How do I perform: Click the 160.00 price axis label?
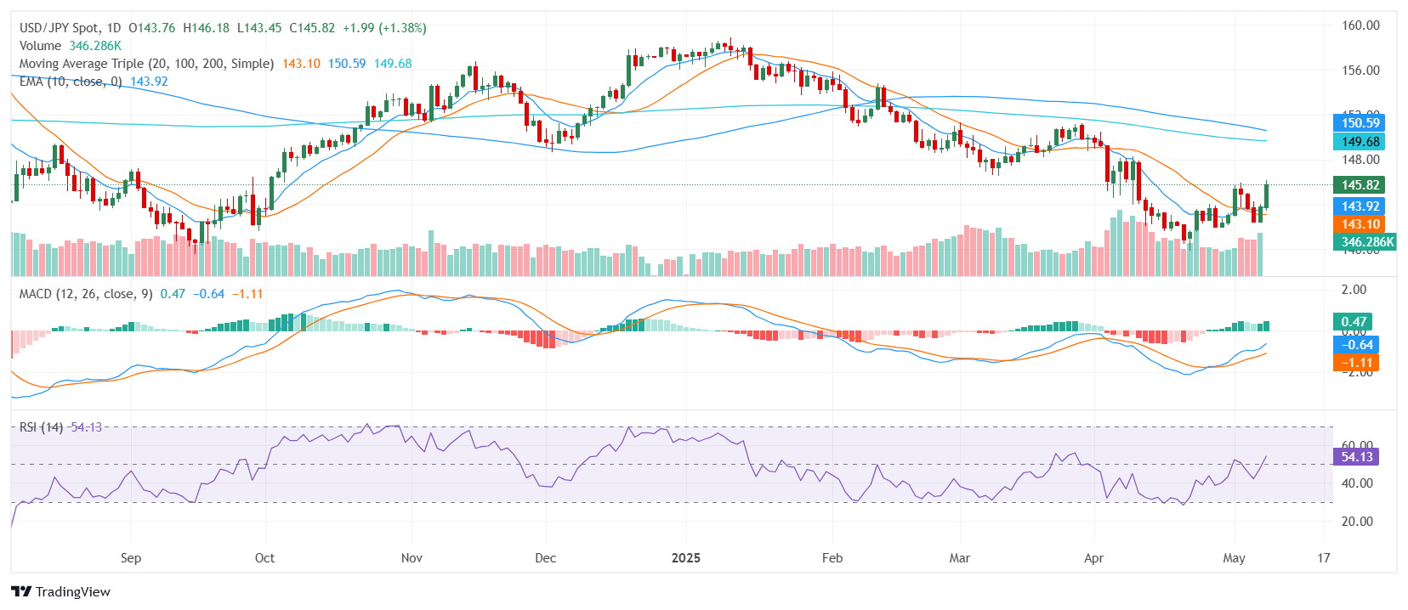[x=1360, y=25]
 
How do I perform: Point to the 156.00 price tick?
[x=1360, y=71]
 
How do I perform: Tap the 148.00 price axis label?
[x=1360, y=160]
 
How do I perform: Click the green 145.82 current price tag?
[x=1360, y=185]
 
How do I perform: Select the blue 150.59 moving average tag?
[x=1360, y=123]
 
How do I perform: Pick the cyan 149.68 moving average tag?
[x=1360, y=142]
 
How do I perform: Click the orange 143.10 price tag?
[x=1360, y=224]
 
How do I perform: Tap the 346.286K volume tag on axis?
[x=1366, y=242]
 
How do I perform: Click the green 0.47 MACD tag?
[x=1353, y=322]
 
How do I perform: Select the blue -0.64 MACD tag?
[x=1356, y=345]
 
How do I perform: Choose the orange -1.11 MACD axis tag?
[x=1356, y=363]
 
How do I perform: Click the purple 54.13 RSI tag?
[x=1356, y=457]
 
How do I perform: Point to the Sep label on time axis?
[x=131, y=558]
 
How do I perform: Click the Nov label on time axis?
[x=412, y=558]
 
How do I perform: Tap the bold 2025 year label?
[x=685, y=558]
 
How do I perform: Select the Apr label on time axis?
[x=1093, y=558]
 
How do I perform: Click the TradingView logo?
[x=61, y=592]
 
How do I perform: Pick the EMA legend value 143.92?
[x=149, y=82]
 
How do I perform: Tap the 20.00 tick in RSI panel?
[x=1357, y=522]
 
